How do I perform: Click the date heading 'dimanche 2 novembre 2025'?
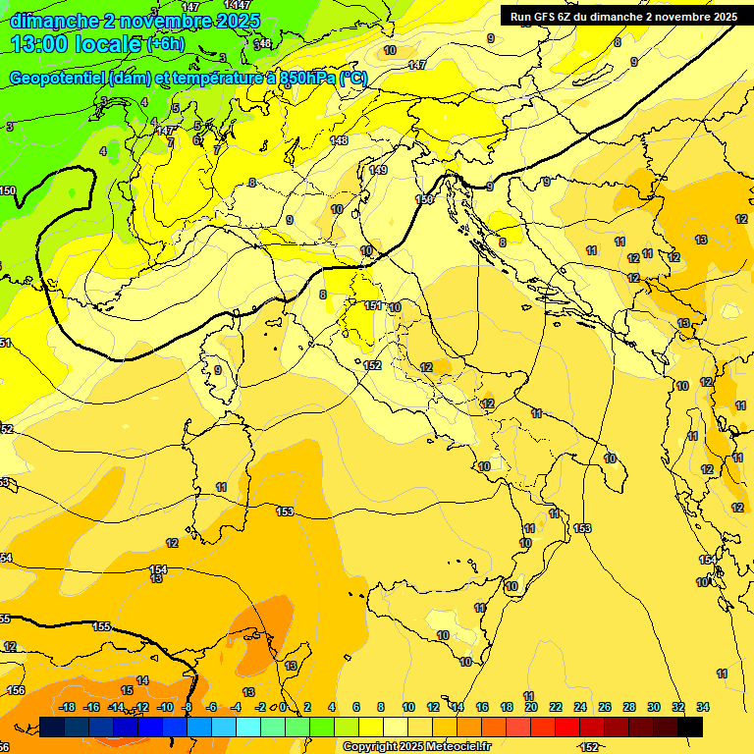click(135, 21)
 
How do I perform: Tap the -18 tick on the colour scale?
click(68, 707)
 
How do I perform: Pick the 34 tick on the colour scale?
click(703, 707)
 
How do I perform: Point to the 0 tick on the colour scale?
click(283, 707)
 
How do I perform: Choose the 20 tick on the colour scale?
click(531, 707)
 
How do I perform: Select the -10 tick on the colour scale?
click(165, 707)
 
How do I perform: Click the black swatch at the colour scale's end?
click(690, 727)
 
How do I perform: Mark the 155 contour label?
click(101, 626)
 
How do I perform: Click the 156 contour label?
click(16, 690)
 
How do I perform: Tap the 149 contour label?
click(378, 170)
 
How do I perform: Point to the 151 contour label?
click(373, 306)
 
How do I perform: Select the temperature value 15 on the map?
click(127, 691)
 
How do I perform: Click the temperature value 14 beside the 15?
click(143, 680)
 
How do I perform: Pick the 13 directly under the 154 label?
click(156, 579)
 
